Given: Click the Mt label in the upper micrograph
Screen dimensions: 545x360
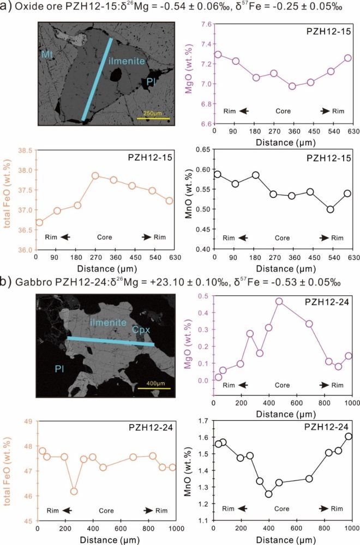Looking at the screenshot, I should [x=47, y=54].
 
